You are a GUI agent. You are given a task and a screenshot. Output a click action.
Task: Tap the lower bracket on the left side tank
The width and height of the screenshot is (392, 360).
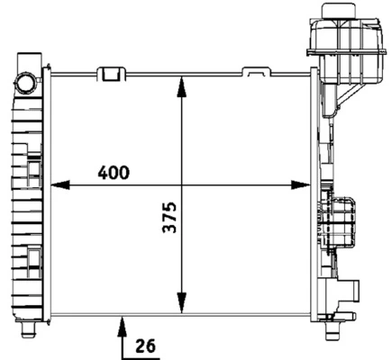33,260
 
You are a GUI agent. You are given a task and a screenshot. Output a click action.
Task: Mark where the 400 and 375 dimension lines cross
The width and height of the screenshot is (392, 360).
183,186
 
